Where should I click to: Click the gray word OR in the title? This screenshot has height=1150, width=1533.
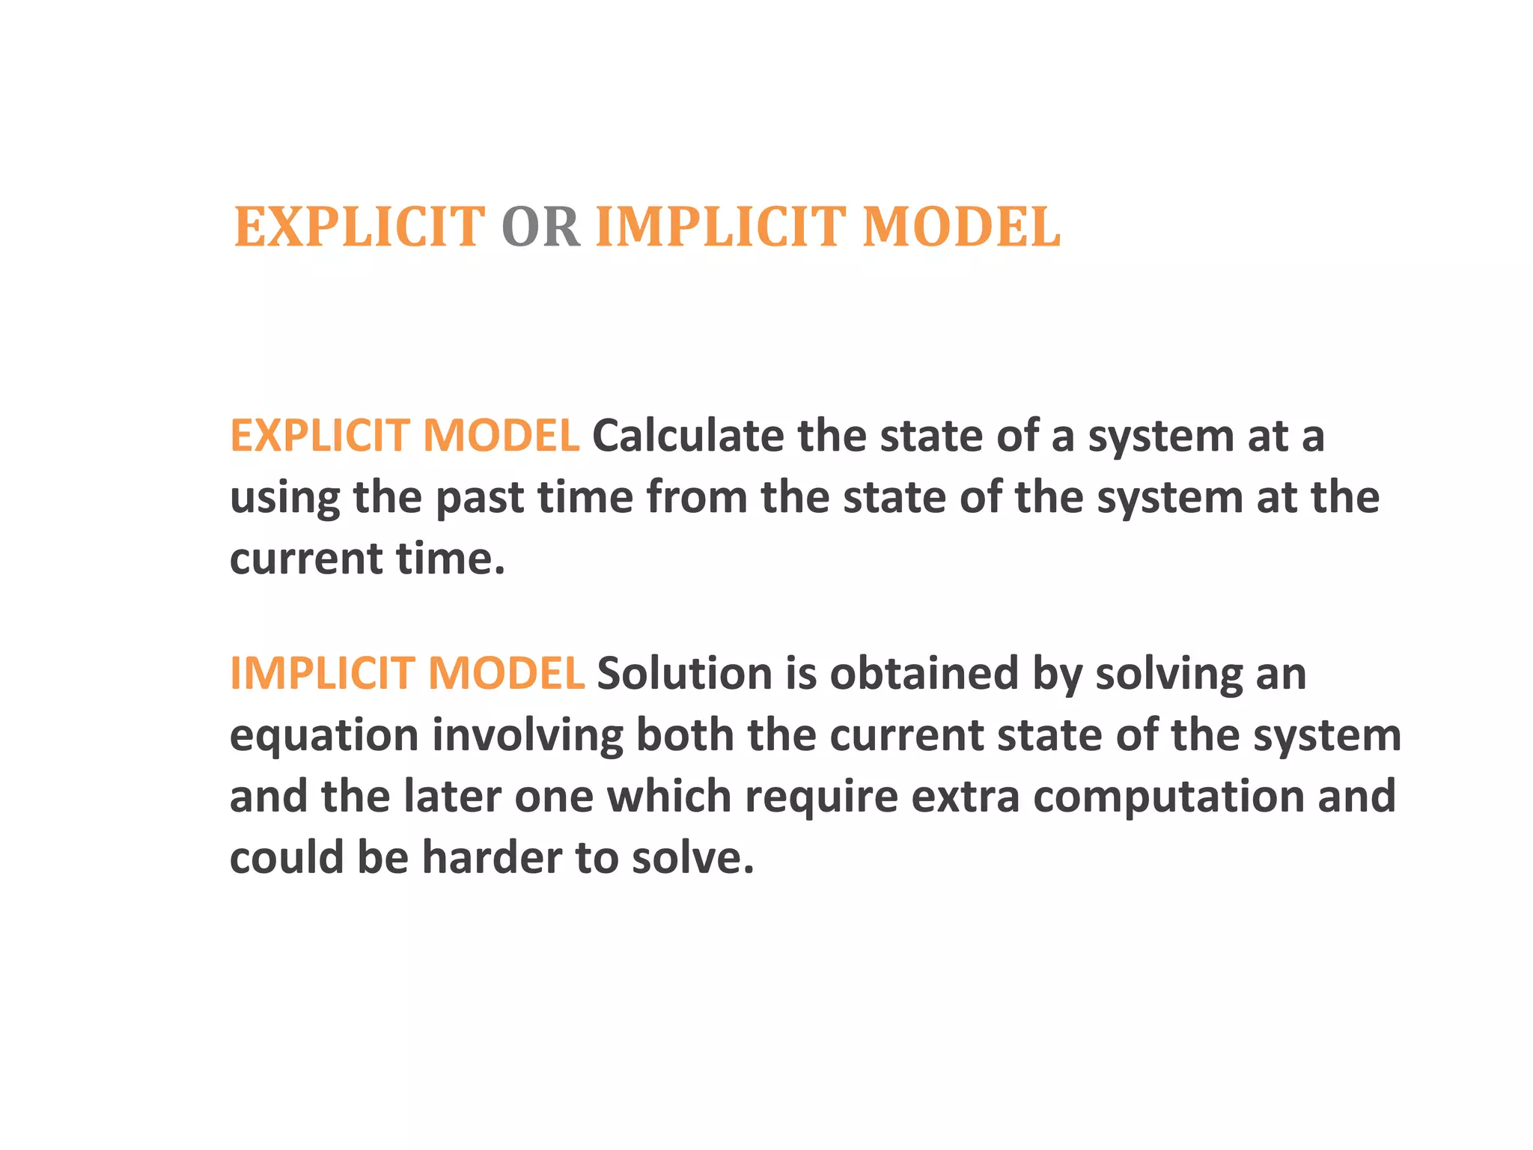[540, 227]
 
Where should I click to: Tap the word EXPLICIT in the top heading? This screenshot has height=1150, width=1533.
[359, 227]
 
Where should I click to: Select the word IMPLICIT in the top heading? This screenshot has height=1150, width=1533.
[720, 227]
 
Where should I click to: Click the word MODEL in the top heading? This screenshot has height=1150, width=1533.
[961, 227]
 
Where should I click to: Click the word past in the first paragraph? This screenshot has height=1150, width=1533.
[479, 499]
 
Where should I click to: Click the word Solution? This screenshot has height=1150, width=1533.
[684, 673]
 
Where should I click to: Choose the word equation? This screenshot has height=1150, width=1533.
[323, 737]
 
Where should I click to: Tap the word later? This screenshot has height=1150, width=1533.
[452, 796]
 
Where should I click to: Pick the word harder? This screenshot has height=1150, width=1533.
[491, 857]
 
